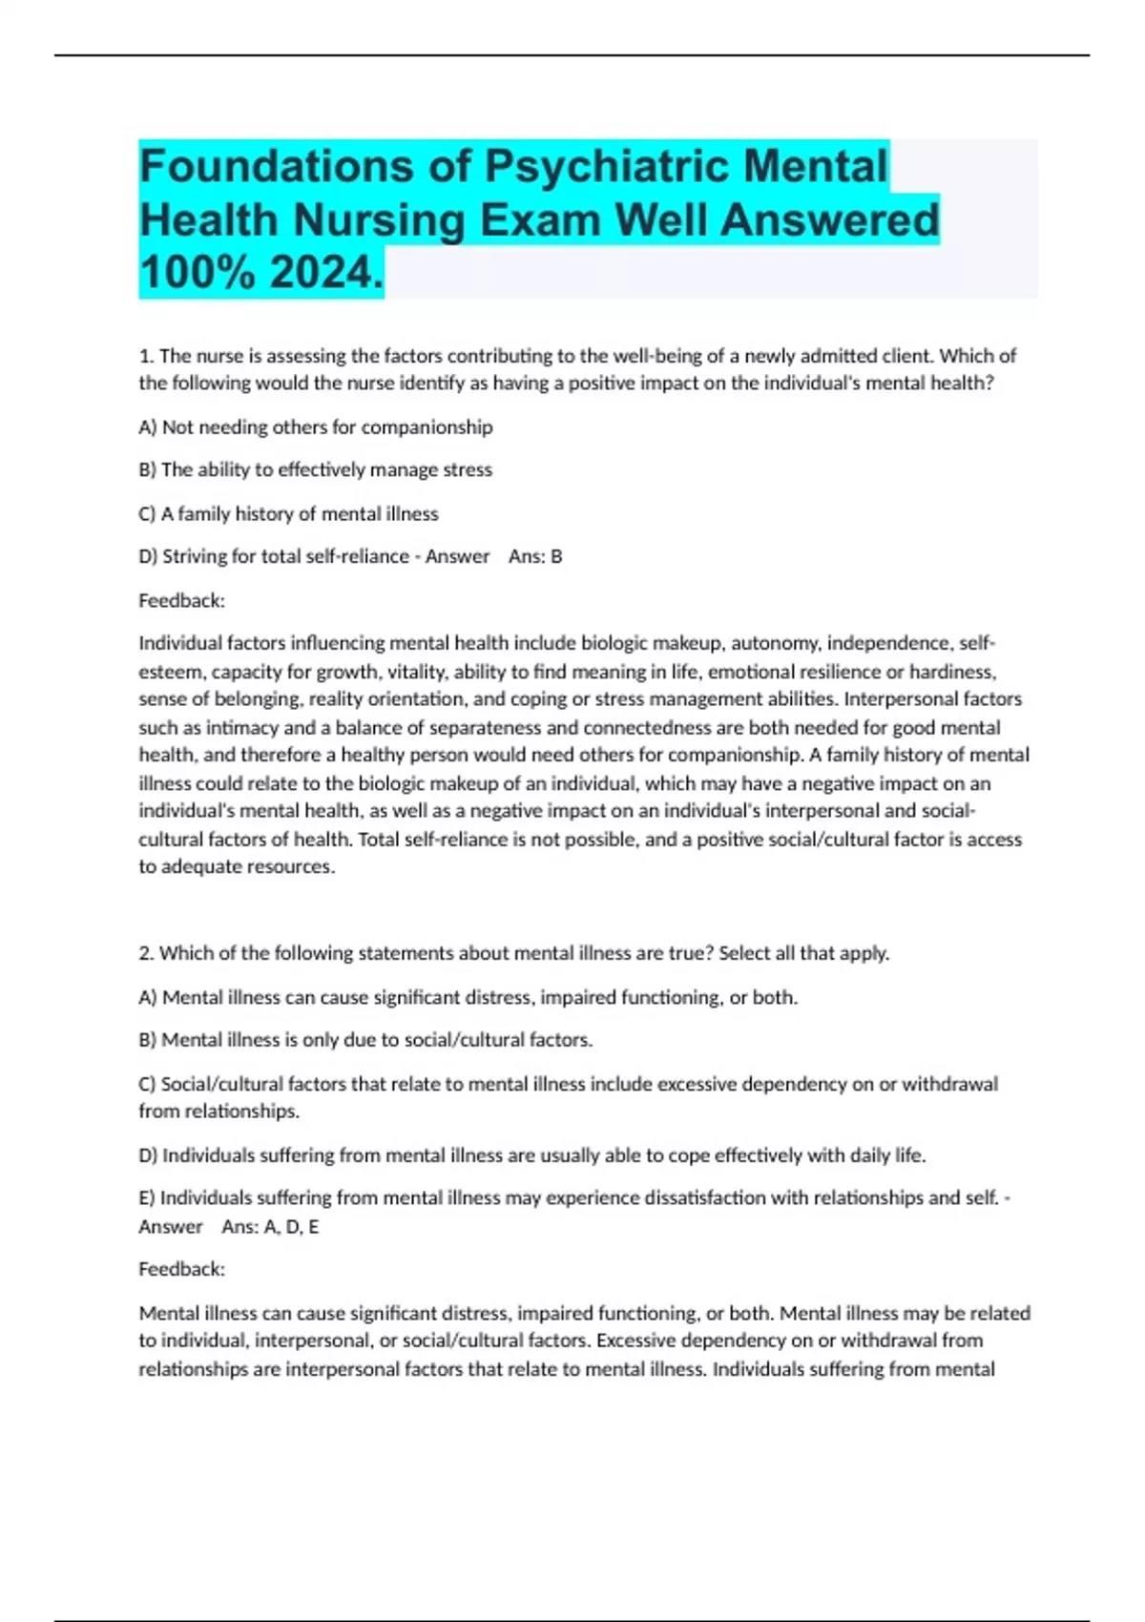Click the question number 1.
pyautogui.click(x=146, y=356)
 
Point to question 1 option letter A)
pyautogui.click(x=148, y=426)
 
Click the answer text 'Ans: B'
pyautogui.click(x=535, y=556)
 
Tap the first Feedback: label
pyautogui.click(x=181, y=600)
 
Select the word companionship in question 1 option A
pyautogui.click(x=427, y=426)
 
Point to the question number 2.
pyautogui.click(x=146, y=953)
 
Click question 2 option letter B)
pyautogui.click(x=148, y=1040)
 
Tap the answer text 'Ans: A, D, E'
pyautogui.click(x=270, y=1227)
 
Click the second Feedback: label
pyautogui.click(x=181, y=1269)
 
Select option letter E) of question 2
pyautogui.click(x=147, y=1197)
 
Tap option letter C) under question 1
pyautogui.click(x=148, y=513)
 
